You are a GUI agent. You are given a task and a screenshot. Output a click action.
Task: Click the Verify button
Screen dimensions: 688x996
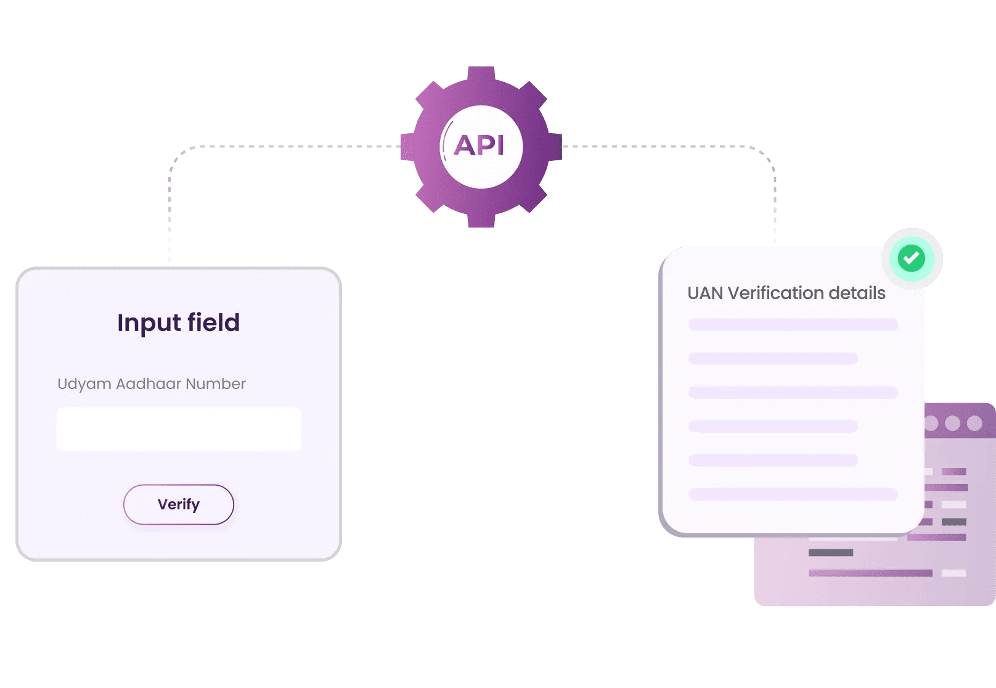pos(179,504)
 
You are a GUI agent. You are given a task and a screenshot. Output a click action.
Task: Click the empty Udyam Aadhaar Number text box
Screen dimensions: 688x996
pos(179,429)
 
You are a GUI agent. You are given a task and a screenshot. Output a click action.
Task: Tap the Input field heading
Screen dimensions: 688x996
pos(178,322)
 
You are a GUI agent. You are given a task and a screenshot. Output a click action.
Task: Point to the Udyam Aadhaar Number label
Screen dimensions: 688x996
pos(151,383)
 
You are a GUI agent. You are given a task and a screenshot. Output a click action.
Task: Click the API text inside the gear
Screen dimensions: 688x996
pos(480,146)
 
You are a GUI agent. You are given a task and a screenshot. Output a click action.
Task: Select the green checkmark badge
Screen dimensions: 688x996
pos(912,258)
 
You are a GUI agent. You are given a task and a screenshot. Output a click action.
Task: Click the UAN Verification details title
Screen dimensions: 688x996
pos(786,293)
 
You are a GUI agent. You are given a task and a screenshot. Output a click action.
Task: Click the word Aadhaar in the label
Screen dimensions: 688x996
pos(149,383)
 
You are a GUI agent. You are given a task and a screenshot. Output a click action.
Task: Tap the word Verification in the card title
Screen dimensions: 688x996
pos(776,293)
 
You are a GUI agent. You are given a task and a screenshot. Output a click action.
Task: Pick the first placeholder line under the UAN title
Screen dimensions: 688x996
pos(793,325)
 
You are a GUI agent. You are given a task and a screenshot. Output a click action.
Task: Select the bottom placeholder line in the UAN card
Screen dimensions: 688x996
pos(793,494)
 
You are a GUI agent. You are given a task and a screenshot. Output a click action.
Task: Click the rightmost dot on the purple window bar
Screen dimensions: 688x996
pos(974,423)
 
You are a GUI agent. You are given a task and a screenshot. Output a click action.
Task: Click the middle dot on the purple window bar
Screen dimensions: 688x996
pos(952,423)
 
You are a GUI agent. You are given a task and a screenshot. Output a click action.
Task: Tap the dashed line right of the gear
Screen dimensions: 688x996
pos(659,147)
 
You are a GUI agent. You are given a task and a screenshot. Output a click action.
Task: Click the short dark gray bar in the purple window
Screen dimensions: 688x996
pos(831,552)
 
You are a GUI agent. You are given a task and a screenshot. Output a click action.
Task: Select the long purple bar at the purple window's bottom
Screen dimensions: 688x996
pos(870,573)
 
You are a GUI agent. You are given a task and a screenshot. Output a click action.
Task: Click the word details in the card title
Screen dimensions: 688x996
pos(857,293)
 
